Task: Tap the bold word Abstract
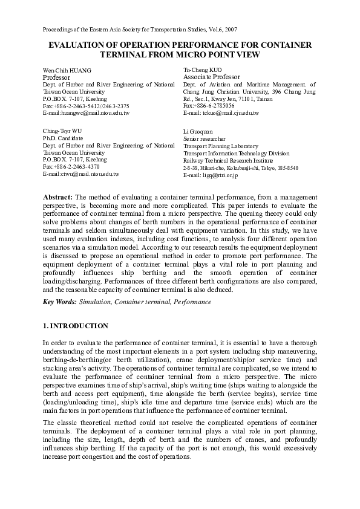point(58,198)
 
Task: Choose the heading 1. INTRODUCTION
point(76,326)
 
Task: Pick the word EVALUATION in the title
point(75,45)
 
